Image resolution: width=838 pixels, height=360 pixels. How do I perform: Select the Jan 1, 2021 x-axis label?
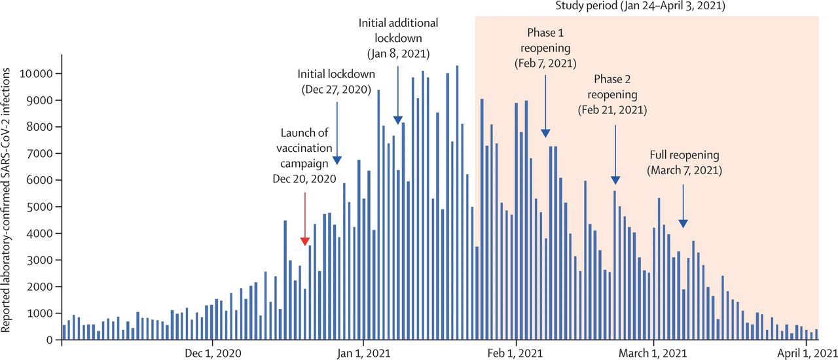(363, 352)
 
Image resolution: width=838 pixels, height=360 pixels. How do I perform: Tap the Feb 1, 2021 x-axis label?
(517, 352)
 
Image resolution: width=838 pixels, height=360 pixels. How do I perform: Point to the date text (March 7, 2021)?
(685, 170)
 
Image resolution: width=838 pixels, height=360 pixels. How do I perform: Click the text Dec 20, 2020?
(304, 178)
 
